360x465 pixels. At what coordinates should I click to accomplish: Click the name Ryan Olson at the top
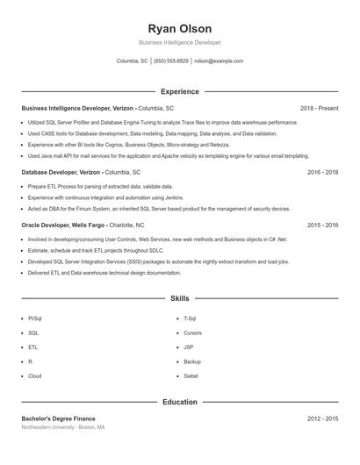point(180,29)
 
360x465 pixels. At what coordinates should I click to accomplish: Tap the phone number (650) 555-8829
point(171,61)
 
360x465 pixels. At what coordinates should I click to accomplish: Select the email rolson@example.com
point(219,61)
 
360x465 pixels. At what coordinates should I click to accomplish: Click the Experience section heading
point(180,91)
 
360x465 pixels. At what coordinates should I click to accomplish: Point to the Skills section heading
point(180,299)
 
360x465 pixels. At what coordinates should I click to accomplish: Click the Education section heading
point(180,402)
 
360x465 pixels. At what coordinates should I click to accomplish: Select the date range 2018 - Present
point(319,108)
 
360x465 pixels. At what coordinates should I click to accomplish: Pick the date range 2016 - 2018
point(322,173)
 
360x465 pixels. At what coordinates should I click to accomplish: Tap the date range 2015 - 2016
point(322,225)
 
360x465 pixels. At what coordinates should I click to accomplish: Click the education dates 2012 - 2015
point(322,418)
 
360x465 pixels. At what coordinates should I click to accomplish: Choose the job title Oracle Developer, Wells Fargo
point(63,225)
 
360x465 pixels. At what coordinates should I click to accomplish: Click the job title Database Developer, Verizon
point(61,173)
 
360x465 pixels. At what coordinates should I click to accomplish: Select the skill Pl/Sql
point(34,318)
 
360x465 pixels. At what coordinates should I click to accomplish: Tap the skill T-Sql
point(190,318)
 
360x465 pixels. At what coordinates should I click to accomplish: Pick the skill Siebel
point(191,376)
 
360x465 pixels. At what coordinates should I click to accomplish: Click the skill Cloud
point(34,376)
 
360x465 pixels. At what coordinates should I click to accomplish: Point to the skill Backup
point(192,361)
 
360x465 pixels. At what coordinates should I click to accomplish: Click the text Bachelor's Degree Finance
point(58,418)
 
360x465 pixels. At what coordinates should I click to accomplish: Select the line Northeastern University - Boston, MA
point(62,427)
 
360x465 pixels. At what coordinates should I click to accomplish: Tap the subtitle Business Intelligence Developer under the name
point(180,42)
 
